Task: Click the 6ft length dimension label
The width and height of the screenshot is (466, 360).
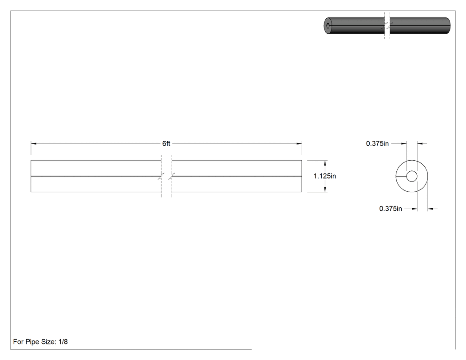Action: pyautogui.click(x=166, y=143)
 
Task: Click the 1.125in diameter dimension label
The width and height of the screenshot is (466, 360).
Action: pyautogui.click(x=324, y=176)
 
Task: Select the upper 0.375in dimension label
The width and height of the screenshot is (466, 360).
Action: pyautogui.click(x=377, y=143)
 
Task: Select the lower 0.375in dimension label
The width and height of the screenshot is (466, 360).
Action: pyautogui.click(x=391, y=209)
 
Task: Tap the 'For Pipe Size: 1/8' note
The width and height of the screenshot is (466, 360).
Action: pyautogui.click(x=40, y=341)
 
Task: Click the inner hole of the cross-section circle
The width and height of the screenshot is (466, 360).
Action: pyautogui.click(x=411, y=176)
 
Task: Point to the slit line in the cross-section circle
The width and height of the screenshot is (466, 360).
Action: pyautogui.click(x=401, y=176)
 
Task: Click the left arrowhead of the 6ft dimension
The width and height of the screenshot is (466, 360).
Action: pyautogui.click(x=34, y=143)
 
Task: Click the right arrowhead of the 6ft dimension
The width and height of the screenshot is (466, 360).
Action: pyautogui.click(x=299, y=143)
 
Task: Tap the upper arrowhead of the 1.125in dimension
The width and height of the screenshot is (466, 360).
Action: pyautogui.click(x=325, y=163)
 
